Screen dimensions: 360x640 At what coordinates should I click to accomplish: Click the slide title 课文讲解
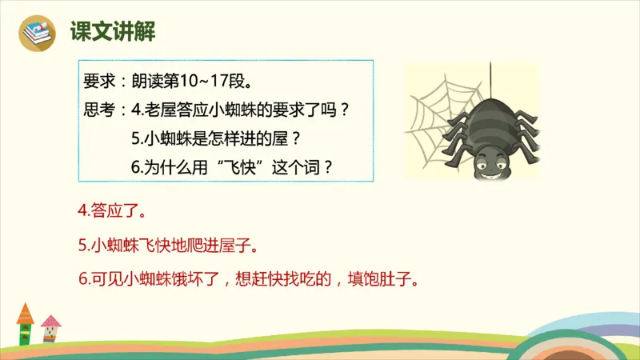pos(112,32)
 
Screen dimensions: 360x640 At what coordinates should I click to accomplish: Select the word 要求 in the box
pos(99,81)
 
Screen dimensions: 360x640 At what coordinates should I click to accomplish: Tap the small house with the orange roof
pos(26,323)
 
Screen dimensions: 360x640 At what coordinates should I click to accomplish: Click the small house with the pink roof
pos(50,329)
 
